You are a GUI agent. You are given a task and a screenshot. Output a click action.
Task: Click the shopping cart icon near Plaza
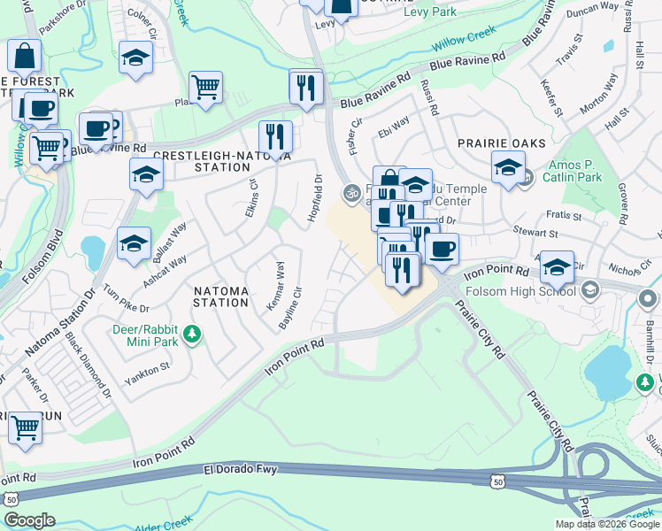point(205,88)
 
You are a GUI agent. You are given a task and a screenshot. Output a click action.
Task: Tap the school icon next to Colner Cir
point(135,58)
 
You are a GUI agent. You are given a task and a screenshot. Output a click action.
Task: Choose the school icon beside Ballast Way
point(133,243)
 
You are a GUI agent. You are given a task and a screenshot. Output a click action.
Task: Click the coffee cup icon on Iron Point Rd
point(442,247)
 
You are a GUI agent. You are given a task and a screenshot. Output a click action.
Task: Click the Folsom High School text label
point(528,290)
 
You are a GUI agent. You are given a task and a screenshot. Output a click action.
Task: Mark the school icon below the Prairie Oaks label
point(508,166)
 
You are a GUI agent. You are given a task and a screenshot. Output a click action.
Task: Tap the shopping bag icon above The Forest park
point(25,55)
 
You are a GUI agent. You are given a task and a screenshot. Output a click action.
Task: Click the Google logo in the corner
point(29,519)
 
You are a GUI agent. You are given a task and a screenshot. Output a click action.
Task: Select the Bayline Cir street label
point(290,306)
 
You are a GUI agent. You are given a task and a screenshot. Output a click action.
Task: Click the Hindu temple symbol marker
point(350,190)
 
